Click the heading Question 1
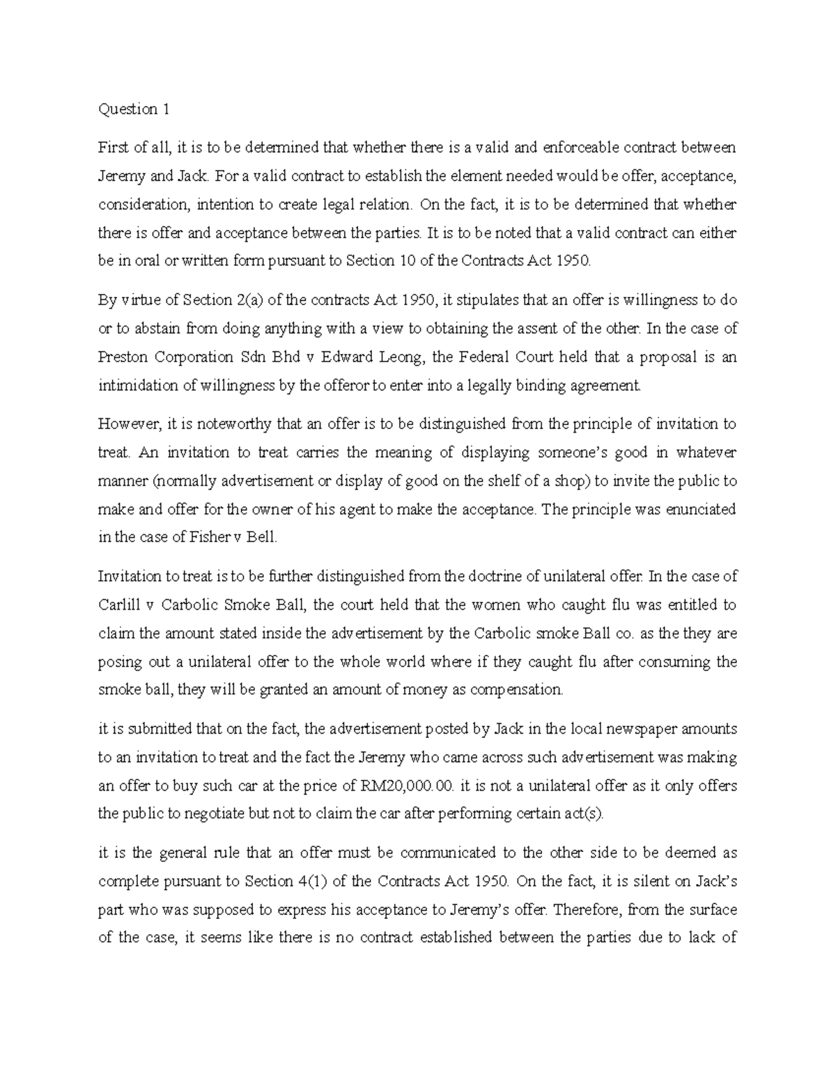(x=134, y=109)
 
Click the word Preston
(x=123, y=357)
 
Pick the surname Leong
(x=401, y=357)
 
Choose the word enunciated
(x=690, y=510)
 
